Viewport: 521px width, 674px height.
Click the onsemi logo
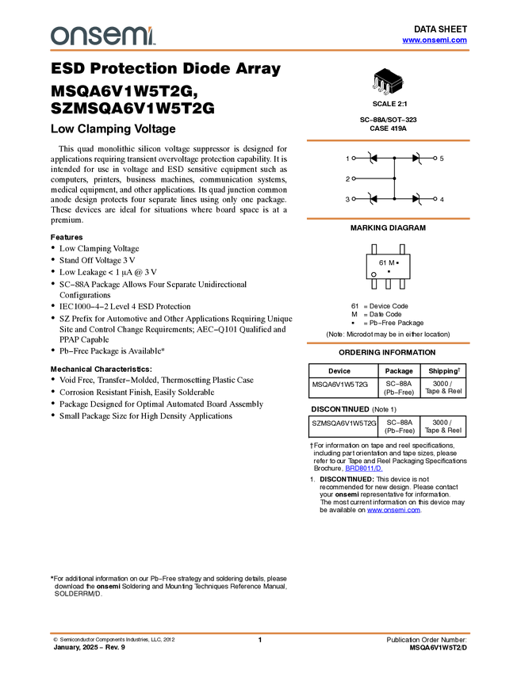pos(102,36)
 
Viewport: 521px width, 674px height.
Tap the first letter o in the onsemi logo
pos(57,36)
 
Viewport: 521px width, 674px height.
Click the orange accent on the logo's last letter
pos(151,29)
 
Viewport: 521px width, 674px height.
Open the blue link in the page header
pos(435,40)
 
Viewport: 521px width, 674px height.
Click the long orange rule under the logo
pos(260,50)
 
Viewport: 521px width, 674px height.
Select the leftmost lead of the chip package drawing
pos(376,84)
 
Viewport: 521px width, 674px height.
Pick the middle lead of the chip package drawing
pos(381,87)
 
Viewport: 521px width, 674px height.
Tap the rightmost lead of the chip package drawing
pos(388,90)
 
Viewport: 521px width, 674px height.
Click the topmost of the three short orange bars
pos(388,140)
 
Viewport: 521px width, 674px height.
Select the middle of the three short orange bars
pos(388,218)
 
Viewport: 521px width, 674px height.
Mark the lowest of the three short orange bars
pos(388,343)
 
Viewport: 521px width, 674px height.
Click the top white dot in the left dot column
pos(354,158)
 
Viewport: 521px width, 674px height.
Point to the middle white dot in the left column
pos(354,178)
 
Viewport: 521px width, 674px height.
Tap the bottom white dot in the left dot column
pos(354,197)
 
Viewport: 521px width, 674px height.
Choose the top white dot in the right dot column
pos(435,158)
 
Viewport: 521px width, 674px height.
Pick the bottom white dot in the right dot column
pos(435,197)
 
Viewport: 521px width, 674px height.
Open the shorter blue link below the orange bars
pos(364,469)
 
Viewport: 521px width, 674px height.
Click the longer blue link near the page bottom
pos(394,511)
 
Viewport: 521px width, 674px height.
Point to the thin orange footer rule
pos(260,634)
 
